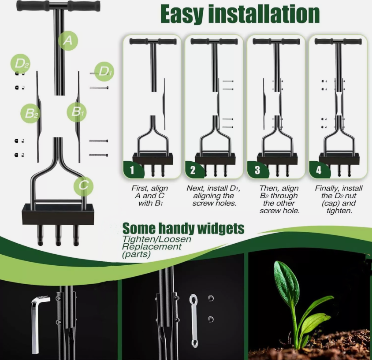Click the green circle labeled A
pyautogui.click(x=68, y=41)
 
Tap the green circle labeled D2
pyautogui.click(x=20, y=63)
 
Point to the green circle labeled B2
pyautogui.click(x=30, y=113)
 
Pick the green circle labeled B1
pyautogui.click(x=76, y=111)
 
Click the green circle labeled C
pyautogui.click(x=83, y=186)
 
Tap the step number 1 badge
pyautogui.click(x=132, y=170)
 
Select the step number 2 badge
pyautogui.click(x=193, y=170)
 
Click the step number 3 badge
pyautogui.click(x=257, y=170)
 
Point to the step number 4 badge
pyautogui.click(x=319, y=170)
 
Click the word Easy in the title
pyautogui.click(x=182, y=14)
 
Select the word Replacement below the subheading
pyautogui.click(x=152, y=247)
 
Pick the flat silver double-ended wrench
pyautogui.click(x=194, y=321)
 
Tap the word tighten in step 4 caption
pyautogui.click(x=339, y=211)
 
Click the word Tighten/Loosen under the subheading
pyautogui.click(x=156, y=239)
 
